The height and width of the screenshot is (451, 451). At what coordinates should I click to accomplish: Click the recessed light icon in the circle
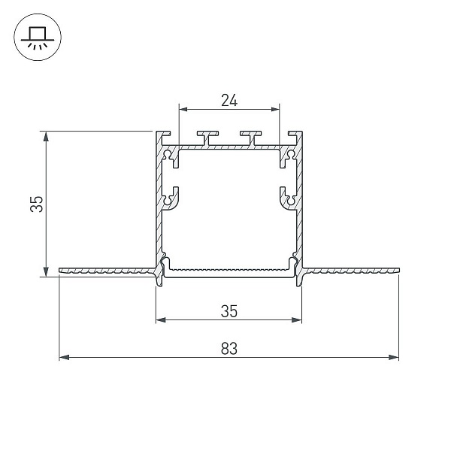tap(38, 38)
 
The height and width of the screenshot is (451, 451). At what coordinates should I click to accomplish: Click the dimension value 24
tap(229, 101)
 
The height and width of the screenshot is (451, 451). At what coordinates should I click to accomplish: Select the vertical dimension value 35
tap(37, 204)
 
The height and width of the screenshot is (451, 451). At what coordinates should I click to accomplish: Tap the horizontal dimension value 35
tap(229, 311)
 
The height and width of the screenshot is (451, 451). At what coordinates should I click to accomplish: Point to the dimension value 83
tap(229, 348)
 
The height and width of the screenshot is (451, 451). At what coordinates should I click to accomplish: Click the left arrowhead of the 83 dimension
tap(64, 357)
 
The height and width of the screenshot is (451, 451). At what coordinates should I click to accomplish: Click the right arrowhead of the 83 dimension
tap(393, 357)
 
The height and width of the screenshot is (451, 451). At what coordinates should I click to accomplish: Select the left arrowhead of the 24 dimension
tap(183, 109)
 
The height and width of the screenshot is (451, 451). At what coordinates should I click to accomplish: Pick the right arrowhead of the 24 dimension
tap(275, 109)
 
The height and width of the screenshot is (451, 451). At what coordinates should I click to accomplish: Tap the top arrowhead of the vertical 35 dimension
tap(46, 136)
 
